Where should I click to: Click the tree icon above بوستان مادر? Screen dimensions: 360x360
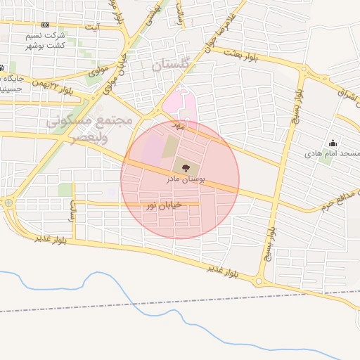point(186,168)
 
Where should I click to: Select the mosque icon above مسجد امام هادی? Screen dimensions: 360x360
point(333,143)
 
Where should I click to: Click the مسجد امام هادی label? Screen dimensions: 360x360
point(333,153)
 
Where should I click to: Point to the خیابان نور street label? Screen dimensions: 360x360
point(163,205)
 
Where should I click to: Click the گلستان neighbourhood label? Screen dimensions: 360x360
point(171,65)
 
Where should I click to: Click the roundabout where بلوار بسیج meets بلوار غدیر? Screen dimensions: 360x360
point(259,281)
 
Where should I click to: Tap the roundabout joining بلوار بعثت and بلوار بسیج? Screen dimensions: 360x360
point(303,70)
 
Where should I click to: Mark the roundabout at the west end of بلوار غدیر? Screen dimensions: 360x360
point(8,203)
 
